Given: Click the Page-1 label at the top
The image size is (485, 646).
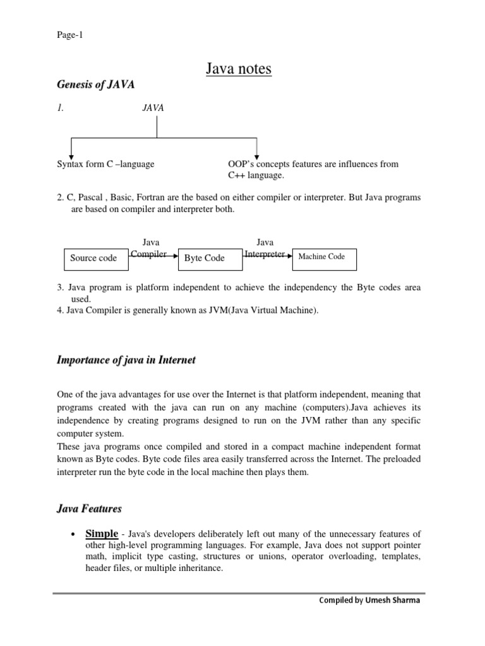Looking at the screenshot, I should (70, 35).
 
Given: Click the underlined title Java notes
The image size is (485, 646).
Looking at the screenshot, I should (239, 68).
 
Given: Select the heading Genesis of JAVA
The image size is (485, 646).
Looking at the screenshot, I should (96, 85).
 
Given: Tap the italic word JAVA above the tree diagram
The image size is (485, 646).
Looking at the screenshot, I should (153, 108).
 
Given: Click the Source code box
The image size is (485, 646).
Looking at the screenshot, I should (93, 258).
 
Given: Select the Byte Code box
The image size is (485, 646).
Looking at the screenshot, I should (205, 259).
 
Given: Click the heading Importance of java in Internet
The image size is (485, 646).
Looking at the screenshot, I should (126, 360).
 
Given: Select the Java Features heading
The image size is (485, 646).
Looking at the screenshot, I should (89, 508).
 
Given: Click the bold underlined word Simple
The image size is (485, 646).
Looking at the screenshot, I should (102, 534).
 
